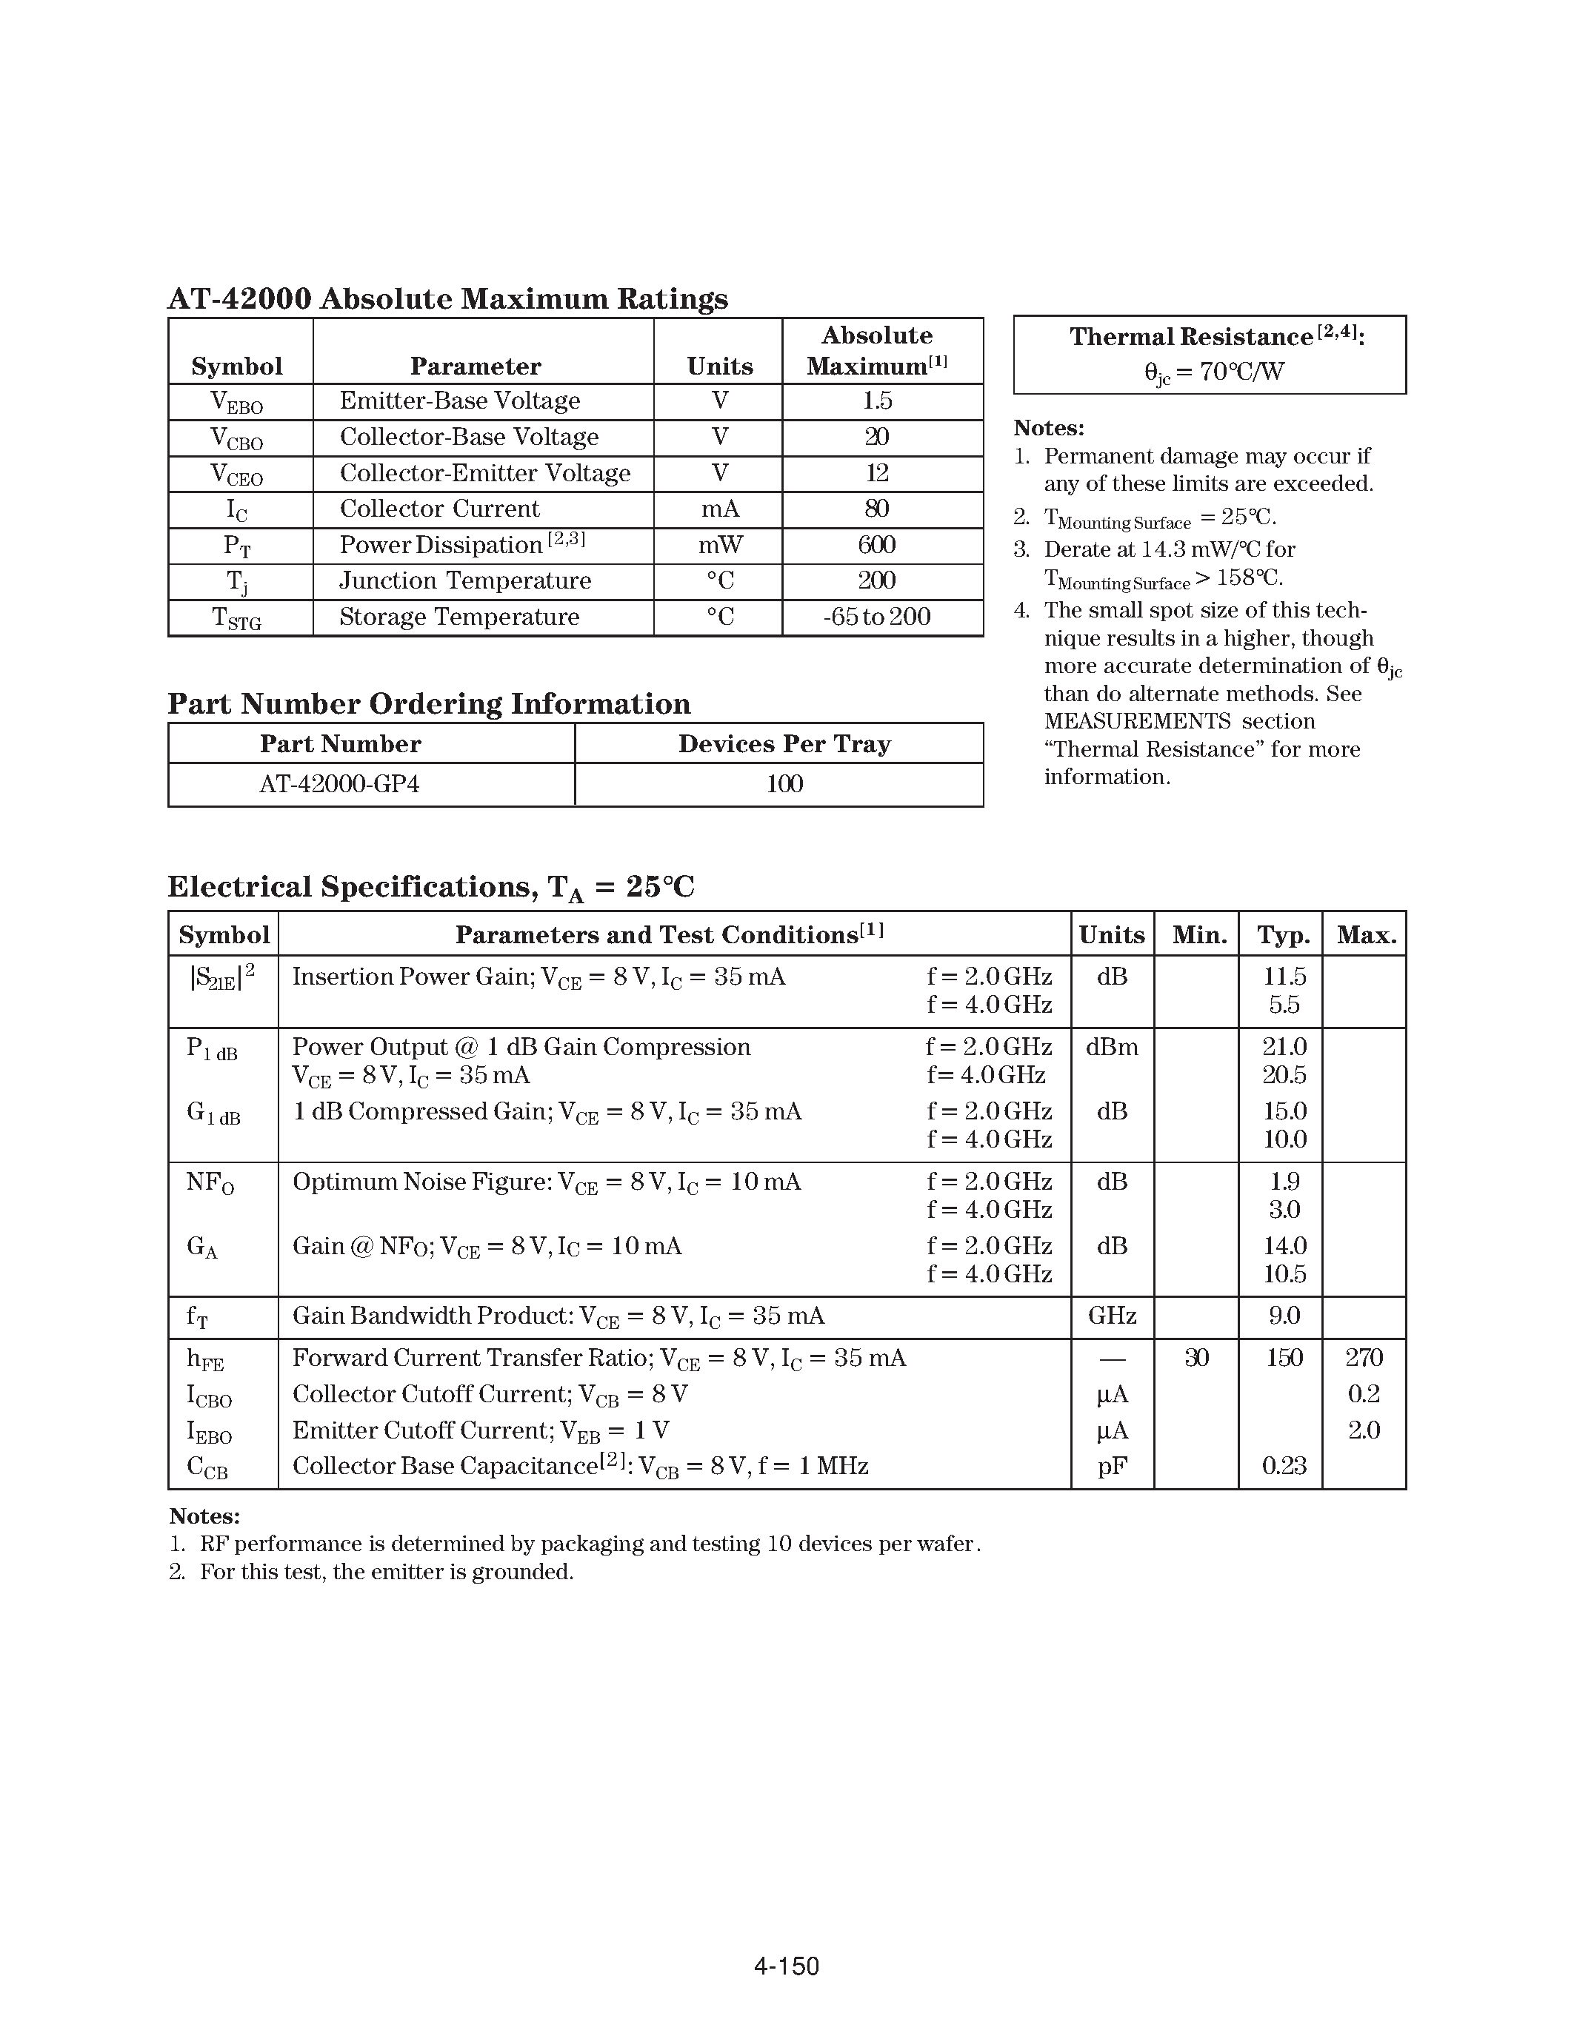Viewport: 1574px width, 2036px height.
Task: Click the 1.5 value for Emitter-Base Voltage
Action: pyautogui.click(x=876, y=401)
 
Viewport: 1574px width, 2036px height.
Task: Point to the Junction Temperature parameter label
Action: pyautogui.click(x=464, y=580)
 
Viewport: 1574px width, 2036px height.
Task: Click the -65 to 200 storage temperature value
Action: pyautogui.click(x=876, y=617)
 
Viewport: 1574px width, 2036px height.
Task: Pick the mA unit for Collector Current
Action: pyautogui.click(x=719, y=509)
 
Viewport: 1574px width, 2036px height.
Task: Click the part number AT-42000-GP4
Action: pyautogui.click(x=339, y=784)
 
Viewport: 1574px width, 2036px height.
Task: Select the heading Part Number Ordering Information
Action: pyautogui.click(x=429, y=704)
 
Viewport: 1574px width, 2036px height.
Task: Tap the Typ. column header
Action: pyautogui.click(x=1283, y=935)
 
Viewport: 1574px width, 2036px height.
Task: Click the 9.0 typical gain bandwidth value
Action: pyautogui.click(x=1283, y=1316)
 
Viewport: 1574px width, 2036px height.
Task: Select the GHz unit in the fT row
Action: pyautogui.click(x=1112, y=1316)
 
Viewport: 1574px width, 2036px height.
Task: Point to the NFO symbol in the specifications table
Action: pyautogui.click(x=210, y=1183)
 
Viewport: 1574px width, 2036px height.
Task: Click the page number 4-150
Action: pyautogui.click(x=786, y=1967)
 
